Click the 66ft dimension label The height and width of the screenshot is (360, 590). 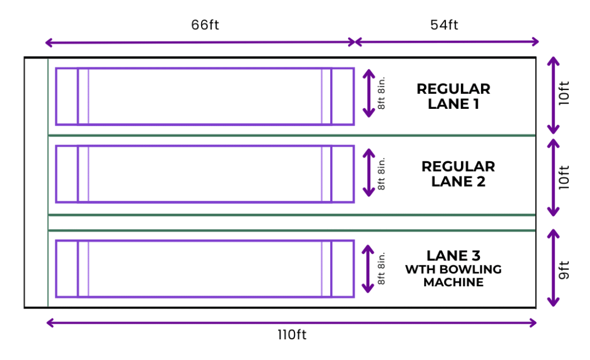click(x=205, y=25)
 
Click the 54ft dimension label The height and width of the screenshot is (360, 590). click(x=444, y=25)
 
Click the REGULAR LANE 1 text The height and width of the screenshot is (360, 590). click(x=453, y=96)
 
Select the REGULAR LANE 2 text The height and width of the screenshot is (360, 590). click(x=458, y=174)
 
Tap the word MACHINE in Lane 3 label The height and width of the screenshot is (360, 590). click(x=453, y=282)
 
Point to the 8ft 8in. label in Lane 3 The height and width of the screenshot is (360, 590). click(x=381, y=268)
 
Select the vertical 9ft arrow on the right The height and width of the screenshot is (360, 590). click(x=553, y=268)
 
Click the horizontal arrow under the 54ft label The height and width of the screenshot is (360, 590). click(x=447, y=41)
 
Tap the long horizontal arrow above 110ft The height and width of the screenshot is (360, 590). click(x=292, y=323)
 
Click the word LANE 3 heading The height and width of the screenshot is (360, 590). click(x=453, y=256)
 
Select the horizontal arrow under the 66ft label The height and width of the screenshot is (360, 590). click(x=201, y=42)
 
